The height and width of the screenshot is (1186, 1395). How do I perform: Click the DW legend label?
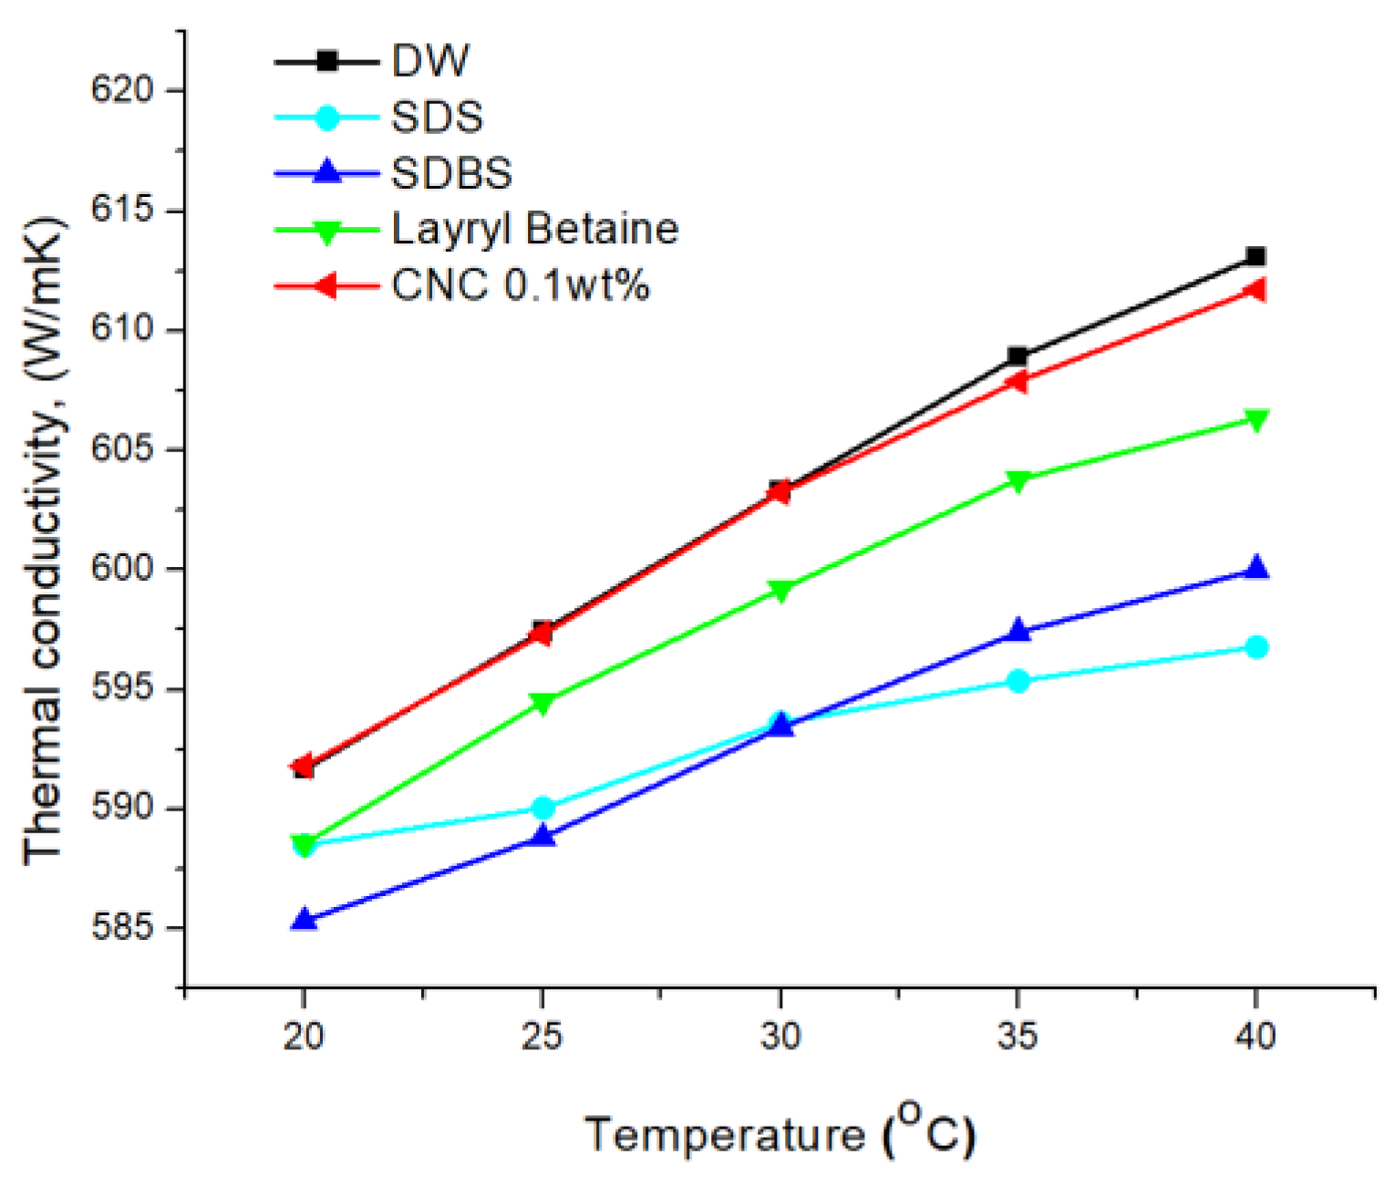click(x=429, y=61)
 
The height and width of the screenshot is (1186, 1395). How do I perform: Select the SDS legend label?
click(x=437, y=118)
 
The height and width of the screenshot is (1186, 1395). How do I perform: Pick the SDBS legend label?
click(x=451, y=173)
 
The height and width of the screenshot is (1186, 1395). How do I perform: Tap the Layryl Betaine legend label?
click(x=534, y=229)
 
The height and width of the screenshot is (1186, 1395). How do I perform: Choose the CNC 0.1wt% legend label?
click(x=520, y=285)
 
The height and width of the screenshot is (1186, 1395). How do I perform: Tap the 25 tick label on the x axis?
click(x=542, y=1036)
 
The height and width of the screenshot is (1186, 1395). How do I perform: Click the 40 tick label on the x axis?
click(x=1255, y=1036)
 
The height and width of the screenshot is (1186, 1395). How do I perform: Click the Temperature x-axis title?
click(x=780, y=1133)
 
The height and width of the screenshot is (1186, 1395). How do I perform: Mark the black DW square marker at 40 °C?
click(x=1255, y=256)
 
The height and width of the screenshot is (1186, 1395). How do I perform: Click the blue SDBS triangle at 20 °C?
click(x=304, y=919)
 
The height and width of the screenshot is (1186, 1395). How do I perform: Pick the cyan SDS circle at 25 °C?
click(x=542, y=808)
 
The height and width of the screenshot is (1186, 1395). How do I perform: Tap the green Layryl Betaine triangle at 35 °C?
click(x=1018, y=480)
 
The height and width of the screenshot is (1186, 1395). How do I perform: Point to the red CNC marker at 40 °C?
click(x=1255, y=290)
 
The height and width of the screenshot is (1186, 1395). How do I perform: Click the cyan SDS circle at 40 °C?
click(x=1256, y=647)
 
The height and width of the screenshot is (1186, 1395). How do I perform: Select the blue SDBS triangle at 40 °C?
click(x=1256, y=567)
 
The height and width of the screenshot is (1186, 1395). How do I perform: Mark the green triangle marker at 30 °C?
click(x=780, y=591)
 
